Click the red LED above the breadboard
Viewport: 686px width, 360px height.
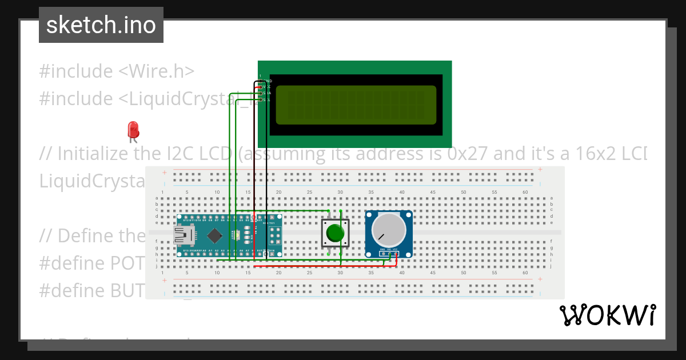pos(133,129)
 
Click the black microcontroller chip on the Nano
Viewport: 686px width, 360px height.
pos(215,235)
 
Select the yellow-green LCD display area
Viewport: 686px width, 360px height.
pos(356,105)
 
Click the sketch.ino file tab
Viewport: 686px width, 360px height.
pos(101,25)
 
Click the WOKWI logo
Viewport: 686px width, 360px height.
pos(607,315)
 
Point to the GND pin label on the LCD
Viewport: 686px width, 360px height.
pos(267,81)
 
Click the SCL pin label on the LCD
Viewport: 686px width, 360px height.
pos(266,100)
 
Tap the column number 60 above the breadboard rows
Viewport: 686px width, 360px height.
pos(525,192)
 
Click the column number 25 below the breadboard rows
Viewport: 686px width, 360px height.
pos(309,273)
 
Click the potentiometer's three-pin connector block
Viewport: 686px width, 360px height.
pos(389,250)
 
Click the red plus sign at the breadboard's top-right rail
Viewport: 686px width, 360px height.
pos(539,170)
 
